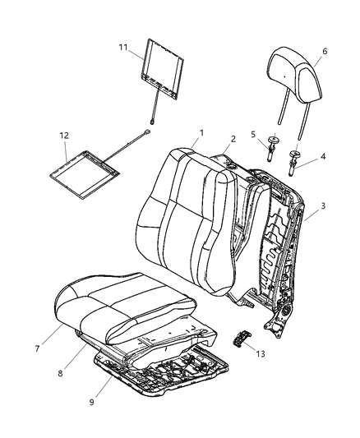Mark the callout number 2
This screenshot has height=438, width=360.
click(233, 139)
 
